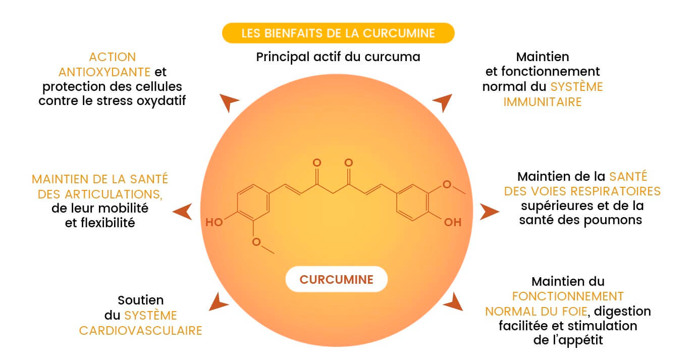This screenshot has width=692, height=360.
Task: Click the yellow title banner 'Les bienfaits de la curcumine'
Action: point(338,33)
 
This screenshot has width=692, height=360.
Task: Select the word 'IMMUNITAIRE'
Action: point(543,101)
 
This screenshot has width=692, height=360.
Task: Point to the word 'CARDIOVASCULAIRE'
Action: point(141,331)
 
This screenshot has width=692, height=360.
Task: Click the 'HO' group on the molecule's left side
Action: point(214,222)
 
